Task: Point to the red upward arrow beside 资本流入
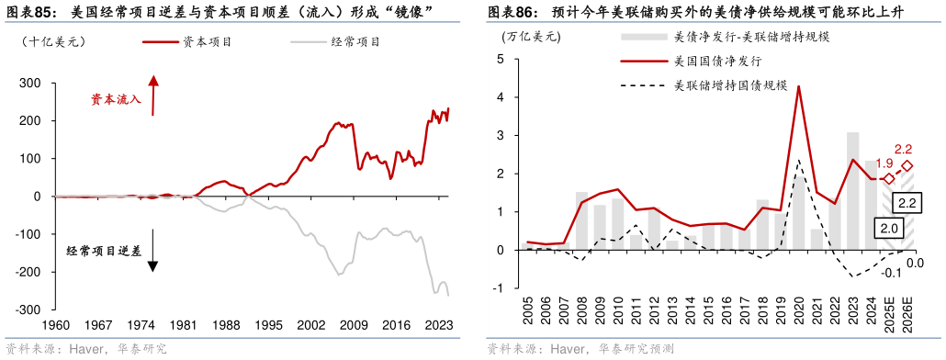coord(154,96)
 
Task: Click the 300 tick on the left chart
coord(29,83)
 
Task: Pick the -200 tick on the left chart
coord(28,273)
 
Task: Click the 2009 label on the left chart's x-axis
coord(355,324)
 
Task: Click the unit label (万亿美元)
coord(531,38)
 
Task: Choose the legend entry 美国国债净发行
coord(716,62)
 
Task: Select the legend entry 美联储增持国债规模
coord(731,85)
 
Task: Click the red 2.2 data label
coord(902,149)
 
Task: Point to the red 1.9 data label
coord(884,163)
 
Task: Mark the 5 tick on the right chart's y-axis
coord(501,59)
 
